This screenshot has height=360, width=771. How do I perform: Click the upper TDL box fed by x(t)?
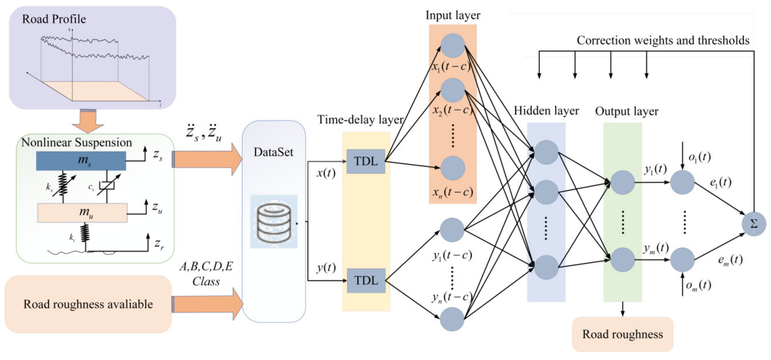(x=365, y=161)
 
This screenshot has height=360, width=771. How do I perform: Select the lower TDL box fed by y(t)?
(x=366, y=280)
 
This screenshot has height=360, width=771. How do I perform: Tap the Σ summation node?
(x=753, y=224)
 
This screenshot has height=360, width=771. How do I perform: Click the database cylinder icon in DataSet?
(x=274, y=222)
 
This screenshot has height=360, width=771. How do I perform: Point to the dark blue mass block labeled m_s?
(x=81, y=161)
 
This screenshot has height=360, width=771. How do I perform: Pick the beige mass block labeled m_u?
(x=82, y=213)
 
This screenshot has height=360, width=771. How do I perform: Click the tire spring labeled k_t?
(x=85, y=233)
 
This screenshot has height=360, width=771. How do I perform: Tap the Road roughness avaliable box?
(x=88, y=304)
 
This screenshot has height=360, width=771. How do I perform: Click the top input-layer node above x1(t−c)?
(x=453, y=45)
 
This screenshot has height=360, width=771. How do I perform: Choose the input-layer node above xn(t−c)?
(x=453, y=168)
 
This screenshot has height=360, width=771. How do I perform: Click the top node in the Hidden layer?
(x=546, y=152)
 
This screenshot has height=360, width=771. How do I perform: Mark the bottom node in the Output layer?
(x=622, y=259)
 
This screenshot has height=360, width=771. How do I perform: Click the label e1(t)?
(x=720, y=182)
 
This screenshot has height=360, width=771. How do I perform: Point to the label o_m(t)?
(x=698, y=285)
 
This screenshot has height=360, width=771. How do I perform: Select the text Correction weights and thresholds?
(x=663, y=40)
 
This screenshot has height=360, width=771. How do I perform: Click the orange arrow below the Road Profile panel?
(x=88, y=121)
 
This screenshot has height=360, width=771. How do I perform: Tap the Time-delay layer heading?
(x=360, y=120)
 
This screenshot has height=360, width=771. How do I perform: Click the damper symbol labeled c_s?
(x=107, y=185)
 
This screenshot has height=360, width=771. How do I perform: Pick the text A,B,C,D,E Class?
(x=206, y=273)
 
